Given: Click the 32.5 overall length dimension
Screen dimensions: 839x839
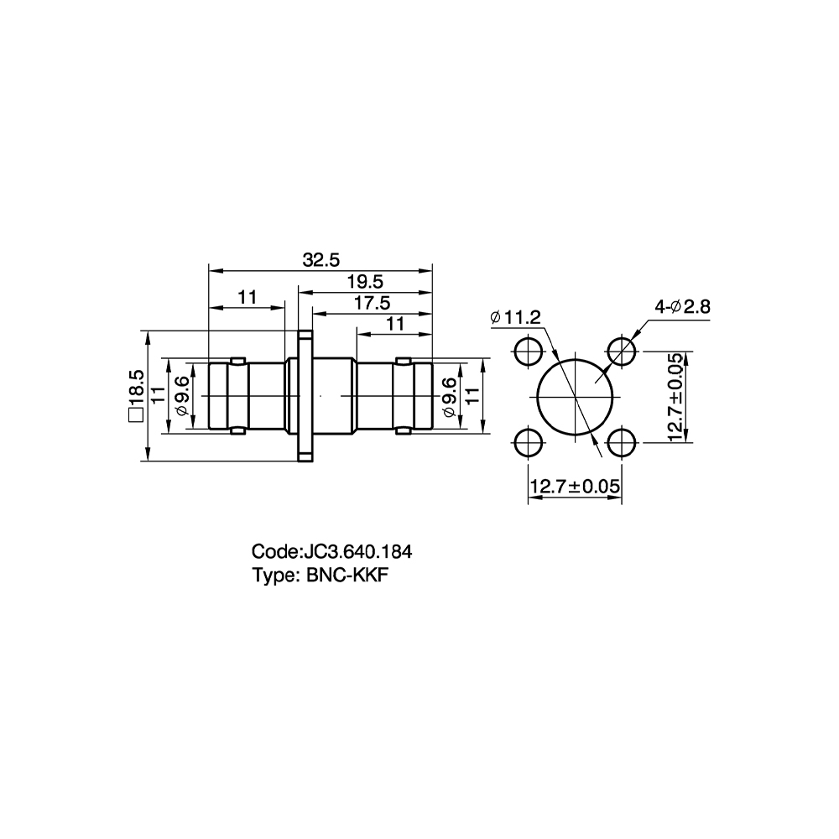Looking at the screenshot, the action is (321, 260).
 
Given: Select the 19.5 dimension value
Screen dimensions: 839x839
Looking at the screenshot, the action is (366, 282).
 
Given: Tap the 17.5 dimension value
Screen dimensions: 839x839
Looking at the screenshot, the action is (373, 304).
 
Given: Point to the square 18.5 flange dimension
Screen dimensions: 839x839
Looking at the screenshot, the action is (137, 396).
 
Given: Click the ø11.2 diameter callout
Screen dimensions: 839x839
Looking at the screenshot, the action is (515, 318).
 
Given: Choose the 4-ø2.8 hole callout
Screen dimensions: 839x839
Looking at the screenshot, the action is (683, 306).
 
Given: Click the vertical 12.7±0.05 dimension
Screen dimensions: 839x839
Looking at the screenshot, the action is (675, 397).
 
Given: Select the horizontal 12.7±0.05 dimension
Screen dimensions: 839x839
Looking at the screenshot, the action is (575, 487).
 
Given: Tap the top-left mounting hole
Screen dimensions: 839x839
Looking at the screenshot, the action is (528, 352).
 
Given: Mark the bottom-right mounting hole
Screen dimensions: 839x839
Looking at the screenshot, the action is (622, 443).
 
